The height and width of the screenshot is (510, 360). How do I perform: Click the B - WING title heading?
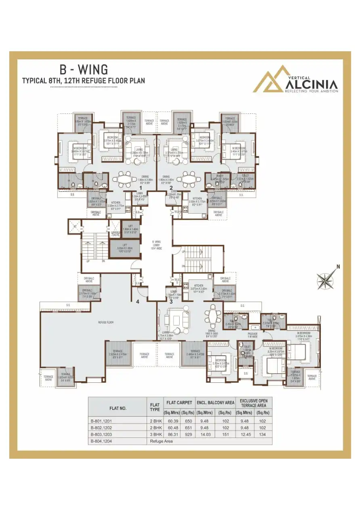tap(83, 70)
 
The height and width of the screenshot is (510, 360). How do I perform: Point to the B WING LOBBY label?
tap(156, 245)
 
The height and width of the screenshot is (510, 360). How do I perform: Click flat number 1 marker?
tap(140, 188)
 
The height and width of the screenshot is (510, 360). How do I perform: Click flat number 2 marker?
tap(171, 188)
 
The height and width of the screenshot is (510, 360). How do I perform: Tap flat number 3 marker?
tap(171, 301)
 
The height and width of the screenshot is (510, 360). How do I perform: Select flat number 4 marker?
tap(138, 301)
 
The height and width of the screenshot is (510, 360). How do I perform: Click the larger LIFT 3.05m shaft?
tap(125, 249)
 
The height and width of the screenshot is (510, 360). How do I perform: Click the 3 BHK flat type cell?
tap(155, 434)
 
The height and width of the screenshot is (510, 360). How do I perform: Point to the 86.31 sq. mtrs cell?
tap(171, 434)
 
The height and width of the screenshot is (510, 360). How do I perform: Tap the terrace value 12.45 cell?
tap(245, 434)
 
